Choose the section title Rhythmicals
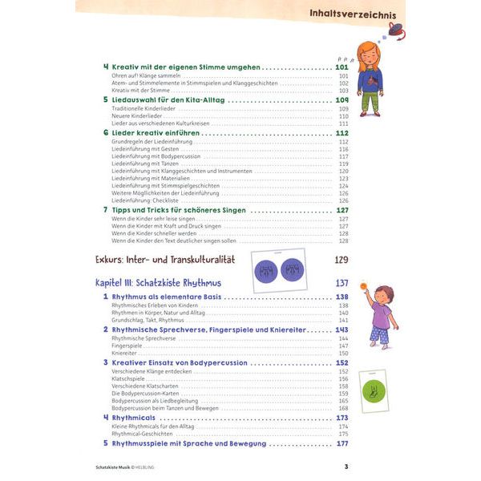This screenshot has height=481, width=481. pyautogui.click(x=139, y=418)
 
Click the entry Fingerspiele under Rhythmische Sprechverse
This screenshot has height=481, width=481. pyautogui.click(x=129, y=345)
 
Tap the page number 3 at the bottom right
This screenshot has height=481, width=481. pyautogui.click(x=346, y=467)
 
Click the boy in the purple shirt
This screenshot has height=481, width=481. pyautogui.click(x=382, y=315)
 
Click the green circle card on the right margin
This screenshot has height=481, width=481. pyautogui.click(x=374, y=392)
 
